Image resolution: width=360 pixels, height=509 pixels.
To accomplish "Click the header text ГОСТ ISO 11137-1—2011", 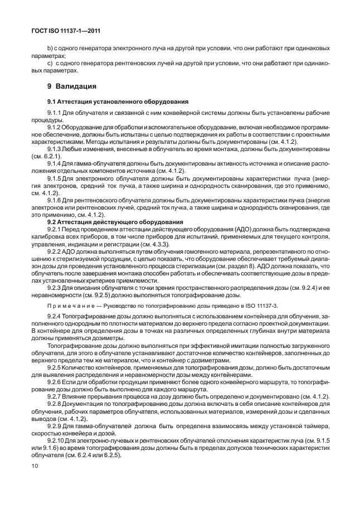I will (66, 32).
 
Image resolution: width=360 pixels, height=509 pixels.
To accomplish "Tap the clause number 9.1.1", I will (55, 113).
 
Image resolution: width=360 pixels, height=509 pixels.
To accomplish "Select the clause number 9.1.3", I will (55, 149).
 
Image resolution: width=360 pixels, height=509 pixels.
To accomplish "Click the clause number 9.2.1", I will (55, 230).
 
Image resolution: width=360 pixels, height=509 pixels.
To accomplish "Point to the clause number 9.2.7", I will (55, 396).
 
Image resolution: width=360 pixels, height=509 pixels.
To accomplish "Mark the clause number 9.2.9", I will (55, 425).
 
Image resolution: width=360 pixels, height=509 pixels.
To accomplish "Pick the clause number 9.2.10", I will (56, 440).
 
